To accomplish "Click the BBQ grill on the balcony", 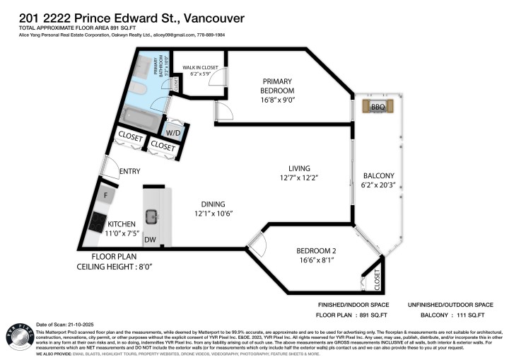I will (377, 107).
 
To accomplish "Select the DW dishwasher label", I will (150, 240).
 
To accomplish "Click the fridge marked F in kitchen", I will (107, 194).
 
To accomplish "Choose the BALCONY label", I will (379, 175).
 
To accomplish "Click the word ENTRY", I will (130, 171).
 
